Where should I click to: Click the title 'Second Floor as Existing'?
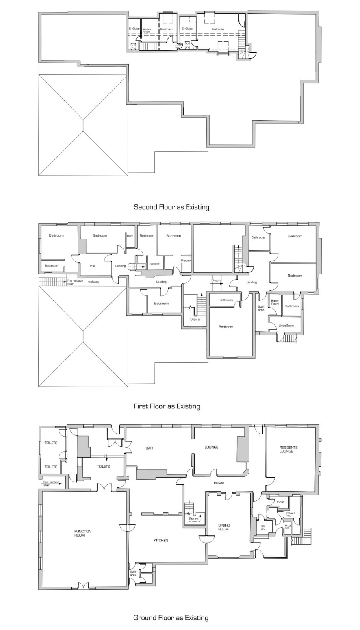click(171, 207)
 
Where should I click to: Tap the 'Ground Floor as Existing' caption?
click(171, 618)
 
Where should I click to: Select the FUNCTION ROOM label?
click(83, 533)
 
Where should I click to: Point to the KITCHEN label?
click(161, 540)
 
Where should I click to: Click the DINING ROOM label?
click(223, 526)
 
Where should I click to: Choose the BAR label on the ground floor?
click(149, 448)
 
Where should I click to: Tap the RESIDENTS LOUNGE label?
click(288, 449)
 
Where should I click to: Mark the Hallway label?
click(219, 483)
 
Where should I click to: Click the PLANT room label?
click(280, 502)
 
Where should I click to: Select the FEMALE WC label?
click(291, 514)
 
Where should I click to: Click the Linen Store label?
click(286, 326)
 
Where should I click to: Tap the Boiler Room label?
click(275, 302)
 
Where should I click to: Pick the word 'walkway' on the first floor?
click(93, 281)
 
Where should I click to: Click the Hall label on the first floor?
click(93, 266)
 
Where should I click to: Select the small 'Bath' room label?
click(130, 236)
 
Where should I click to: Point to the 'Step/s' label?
click(216, 280)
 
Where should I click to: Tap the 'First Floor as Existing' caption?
click(167, 406)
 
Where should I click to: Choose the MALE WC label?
click(287, 527)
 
